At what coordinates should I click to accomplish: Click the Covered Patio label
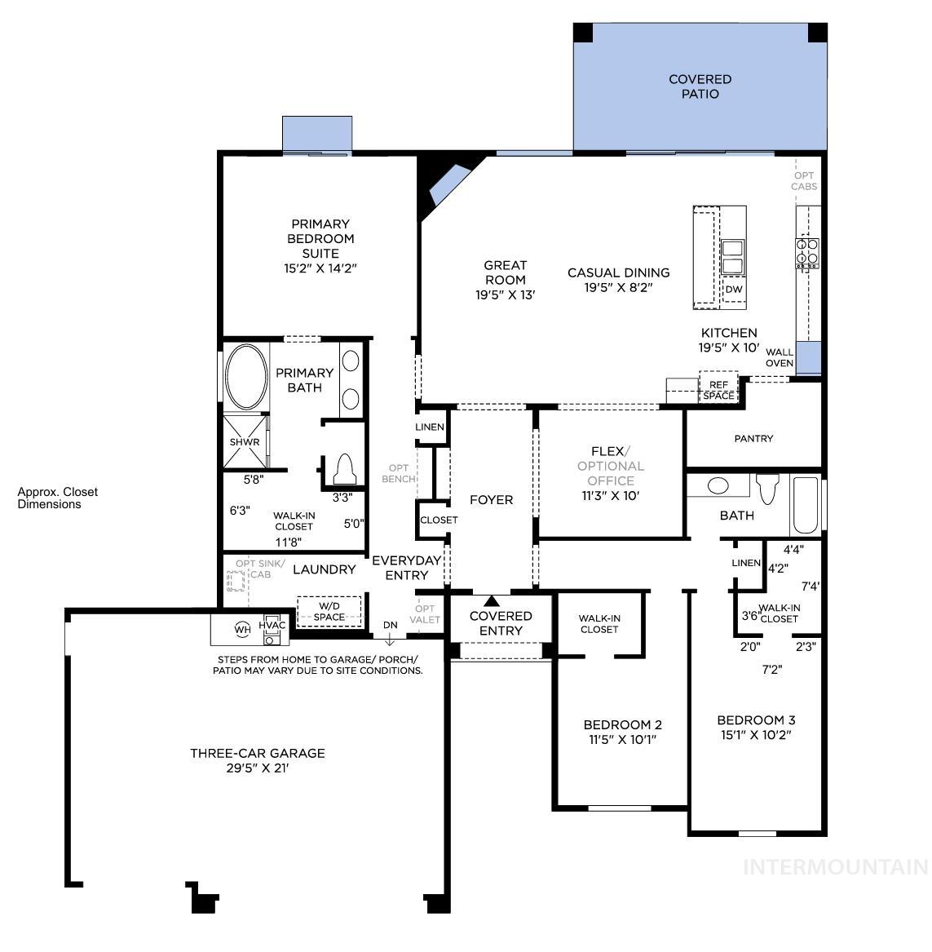[x=700, y=86]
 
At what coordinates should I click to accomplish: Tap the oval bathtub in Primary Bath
[x=245, y=377]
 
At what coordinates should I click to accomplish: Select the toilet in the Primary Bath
[x=343, y=469]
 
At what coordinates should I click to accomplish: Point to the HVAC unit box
[x=272, y=626]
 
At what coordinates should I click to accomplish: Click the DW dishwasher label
[x=734, y=289]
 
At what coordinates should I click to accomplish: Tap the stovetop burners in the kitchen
[x=808, y=251]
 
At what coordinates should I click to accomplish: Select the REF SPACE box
[x=718, y=390]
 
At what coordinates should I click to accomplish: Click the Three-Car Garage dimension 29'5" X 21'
[x=258, y=768]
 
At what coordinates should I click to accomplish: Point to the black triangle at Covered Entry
[x=491, y=601]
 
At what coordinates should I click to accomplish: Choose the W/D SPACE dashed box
[x=329, y=611]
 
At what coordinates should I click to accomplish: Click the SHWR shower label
[x=244, y=442]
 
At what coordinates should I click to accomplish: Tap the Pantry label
[x=753, y=439]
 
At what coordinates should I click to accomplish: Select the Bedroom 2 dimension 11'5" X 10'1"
[x=622, y=740]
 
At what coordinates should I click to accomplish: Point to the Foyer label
[x=492, y=500]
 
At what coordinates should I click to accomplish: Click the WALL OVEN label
[x=780, y=357]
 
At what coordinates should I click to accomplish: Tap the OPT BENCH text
[x=399, y=473]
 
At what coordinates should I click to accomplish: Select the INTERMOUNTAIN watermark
[x=836, y=866]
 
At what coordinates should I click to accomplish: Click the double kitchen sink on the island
[x=732, y=257]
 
